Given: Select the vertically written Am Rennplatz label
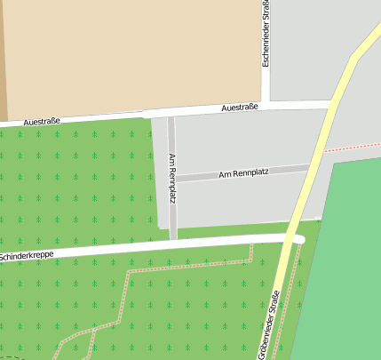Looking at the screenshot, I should click(172, 178).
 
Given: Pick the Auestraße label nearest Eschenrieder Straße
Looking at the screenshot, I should click(239, 108).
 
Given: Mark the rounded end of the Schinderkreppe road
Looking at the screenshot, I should click(300, 239).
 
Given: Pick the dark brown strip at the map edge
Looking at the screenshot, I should click(3, 53).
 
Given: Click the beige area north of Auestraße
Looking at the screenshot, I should click(133, 53).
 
